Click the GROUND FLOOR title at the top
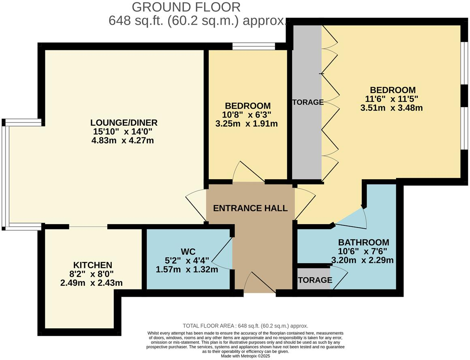pos(186,7)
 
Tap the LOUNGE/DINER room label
pos(124,122)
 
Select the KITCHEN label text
pos(93,265)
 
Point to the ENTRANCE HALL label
pos(250,208)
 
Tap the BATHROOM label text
pos(363,242)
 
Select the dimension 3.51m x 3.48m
pos(391,108)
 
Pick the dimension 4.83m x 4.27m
pos(124,141)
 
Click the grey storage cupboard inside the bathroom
pos(314,279)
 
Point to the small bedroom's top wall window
pos(254,47)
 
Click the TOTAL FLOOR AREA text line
pos(246,326)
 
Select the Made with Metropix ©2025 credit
pos(245,356)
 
